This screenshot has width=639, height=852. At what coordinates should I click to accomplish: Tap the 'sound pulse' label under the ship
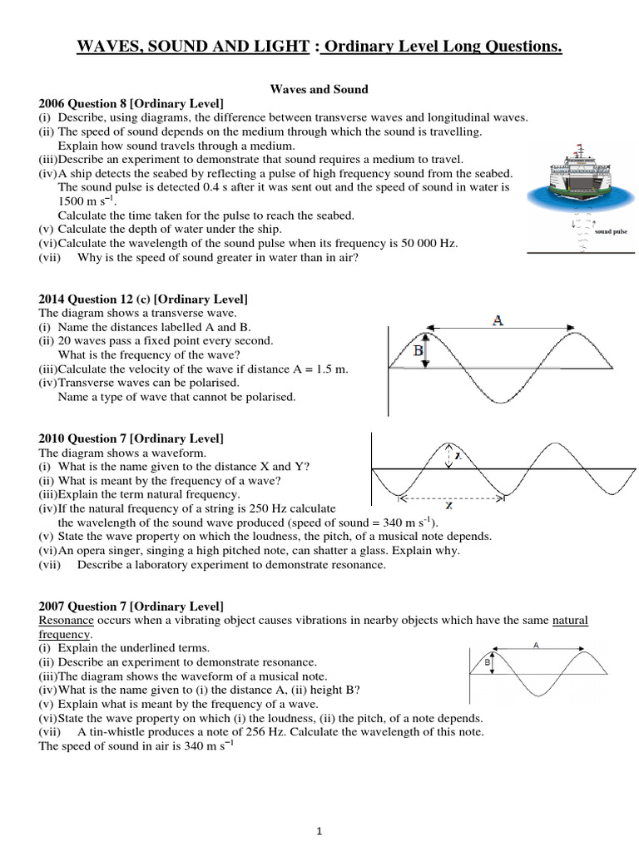(x=610, y=234)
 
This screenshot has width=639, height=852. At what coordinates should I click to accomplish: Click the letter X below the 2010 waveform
(x=450, y=505)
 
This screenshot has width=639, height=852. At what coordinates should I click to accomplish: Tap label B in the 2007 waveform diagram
(x=486, y=662)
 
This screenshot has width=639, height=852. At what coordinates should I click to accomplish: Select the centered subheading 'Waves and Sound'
(x=320, y=89)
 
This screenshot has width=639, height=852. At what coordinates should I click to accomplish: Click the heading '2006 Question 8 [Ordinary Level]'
(x=131, y=103)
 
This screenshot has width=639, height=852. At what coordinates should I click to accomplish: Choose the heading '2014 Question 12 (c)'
(x=103, y=298)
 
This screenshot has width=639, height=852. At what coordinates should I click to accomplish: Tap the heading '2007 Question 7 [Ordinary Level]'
(x=131, y=605)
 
